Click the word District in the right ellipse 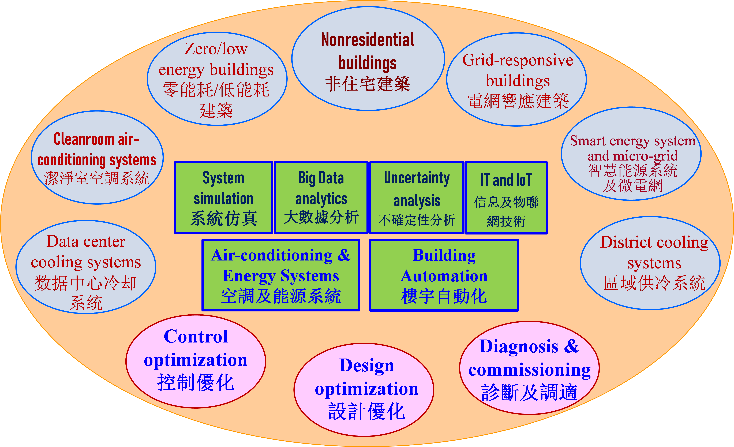coord(626,242)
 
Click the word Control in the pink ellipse coord(196,337)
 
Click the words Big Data coord(321,178)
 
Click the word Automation coord(444,276)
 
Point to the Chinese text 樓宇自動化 coord(444,296)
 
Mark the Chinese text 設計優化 coord(367,412)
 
